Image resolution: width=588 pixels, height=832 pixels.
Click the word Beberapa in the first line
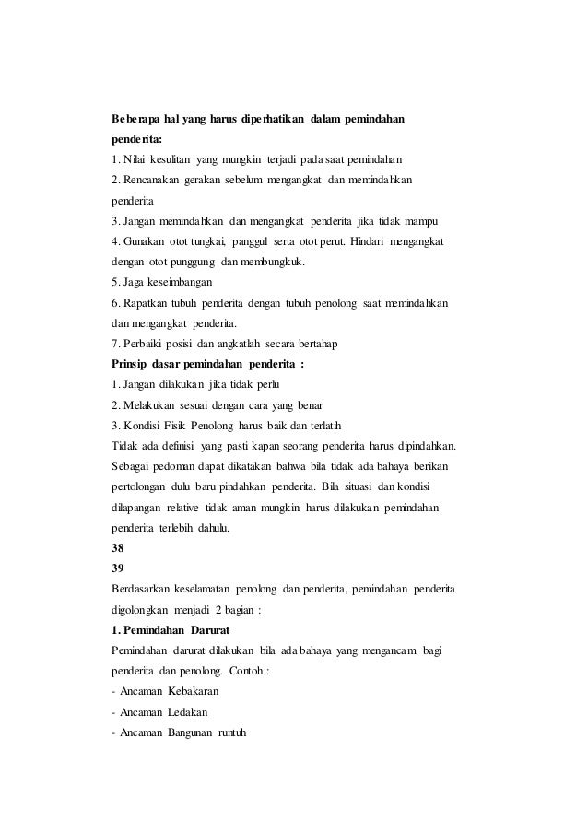pyautogui.click(x=136, y=120)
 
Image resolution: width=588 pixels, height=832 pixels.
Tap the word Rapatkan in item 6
pyautogui.click(x=146, y=303)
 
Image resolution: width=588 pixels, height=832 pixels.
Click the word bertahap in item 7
pyautogui.click(x=317, y=344)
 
